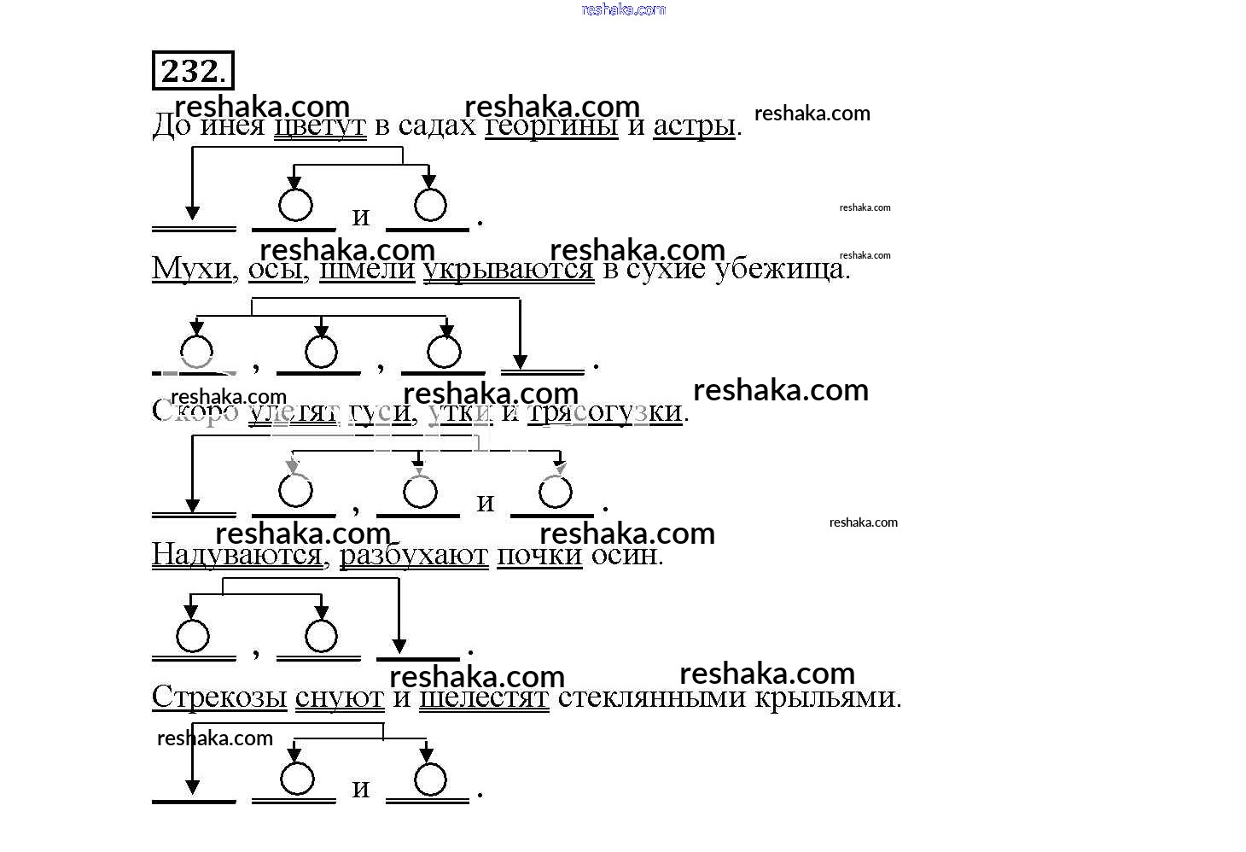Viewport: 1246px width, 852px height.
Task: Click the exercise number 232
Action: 192,71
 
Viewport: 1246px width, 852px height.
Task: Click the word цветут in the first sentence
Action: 320,126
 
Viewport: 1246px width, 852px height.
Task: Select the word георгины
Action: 551,126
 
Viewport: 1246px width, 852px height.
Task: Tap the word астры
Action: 694,126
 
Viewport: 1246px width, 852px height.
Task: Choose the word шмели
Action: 367,269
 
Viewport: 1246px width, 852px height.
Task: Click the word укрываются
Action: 509,269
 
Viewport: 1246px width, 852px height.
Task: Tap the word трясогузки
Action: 605,412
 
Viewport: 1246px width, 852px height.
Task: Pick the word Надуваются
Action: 237,556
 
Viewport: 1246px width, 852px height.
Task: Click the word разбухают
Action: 414,556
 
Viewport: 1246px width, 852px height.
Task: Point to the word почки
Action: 539,556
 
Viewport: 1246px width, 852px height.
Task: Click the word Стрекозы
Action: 219,697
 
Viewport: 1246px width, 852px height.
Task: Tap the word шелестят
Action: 484,697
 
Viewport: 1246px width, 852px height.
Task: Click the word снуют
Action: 340,697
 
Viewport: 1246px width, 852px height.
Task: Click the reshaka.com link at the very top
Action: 623,9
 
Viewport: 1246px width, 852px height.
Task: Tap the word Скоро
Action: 195,411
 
